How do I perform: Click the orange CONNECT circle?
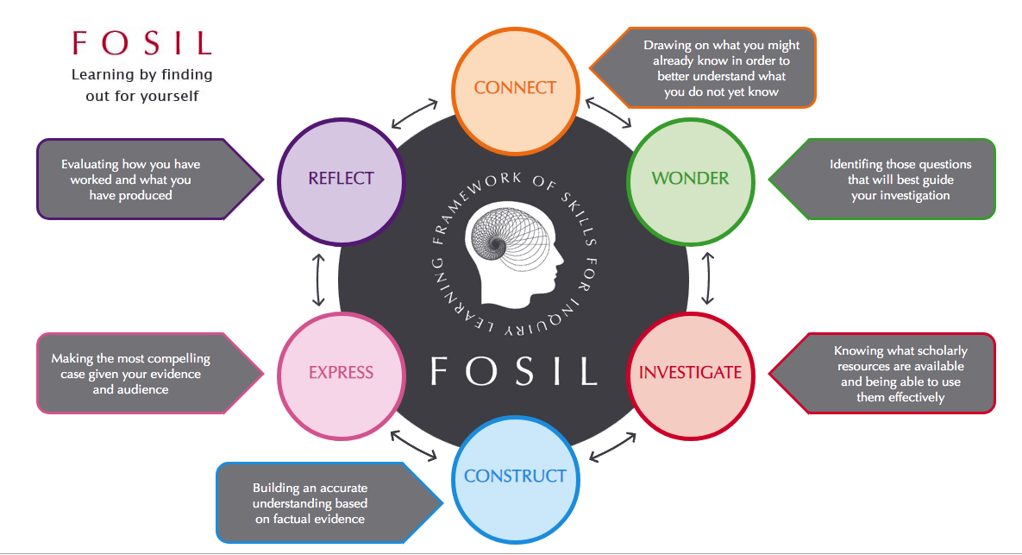pos(516,87)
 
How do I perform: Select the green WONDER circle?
pos(690,179)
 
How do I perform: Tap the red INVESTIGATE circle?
pos(690,373)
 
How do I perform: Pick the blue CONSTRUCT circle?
pos(515,476)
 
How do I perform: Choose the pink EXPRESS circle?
pos(342,373)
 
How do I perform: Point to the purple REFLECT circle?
pos(342,179)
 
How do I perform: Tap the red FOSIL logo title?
pos(141,43)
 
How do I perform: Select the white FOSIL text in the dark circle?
pos(515,369)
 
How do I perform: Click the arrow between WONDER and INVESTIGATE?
pos(707,277)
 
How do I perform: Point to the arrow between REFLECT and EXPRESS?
pos(320,280)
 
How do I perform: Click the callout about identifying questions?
pos(888,180)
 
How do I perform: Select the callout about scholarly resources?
pos(888,374)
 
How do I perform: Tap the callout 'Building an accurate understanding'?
pos(319,503)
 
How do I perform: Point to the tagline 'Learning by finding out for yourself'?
pos(141,85)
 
